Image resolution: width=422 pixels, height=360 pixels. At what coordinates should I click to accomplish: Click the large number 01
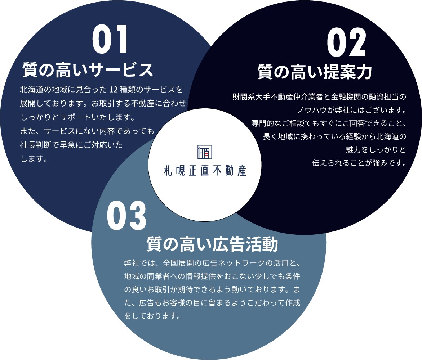point(110,39)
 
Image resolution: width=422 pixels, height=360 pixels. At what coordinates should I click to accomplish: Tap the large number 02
point(346,42)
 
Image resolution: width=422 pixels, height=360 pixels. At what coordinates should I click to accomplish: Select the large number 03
point(126,216)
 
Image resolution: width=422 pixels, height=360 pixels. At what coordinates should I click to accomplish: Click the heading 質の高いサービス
point(88,70)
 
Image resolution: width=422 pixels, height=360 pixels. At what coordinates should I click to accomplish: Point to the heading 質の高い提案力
point(315,72)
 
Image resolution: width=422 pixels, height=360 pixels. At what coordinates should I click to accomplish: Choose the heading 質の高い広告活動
point(212,244)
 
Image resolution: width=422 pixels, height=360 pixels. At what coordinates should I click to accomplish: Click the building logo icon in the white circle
point(205,152)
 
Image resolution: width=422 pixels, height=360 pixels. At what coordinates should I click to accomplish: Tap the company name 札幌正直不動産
point(205,171)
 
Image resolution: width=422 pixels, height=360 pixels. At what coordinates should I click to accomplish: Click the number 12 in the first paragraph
point(114,90)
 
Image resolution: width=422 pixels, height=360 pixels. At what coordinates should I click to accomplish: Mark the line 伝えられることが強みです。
point(359,163)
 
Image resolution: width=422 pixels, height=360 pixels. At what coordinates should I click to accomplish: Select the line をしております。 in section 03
point(152,316)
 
